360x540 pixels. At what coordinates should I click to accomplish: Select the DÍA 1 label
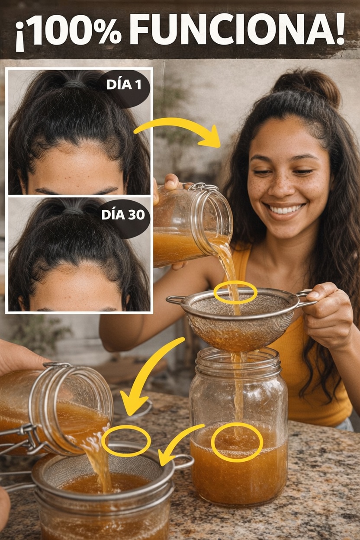123,85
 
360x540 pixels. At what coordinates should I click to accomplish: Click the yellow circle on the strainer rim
235,292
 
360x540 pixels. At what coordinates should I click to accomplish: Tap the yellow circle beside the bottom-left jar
126,441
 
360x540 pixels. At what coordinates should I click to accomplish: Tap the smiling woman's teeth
285,209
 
